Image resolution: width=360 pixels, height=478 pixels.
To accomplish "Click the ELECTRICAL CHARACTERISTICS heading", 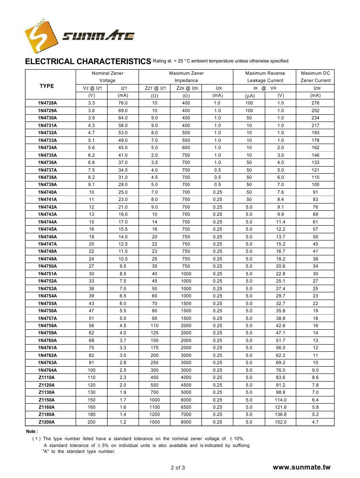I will tap(88, 61).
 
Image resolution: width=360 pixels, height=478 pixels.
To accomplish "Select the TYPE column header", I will tap(47, 86).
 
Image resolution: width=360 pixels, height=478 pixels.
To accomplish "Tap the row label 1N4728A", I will tap(47, 103).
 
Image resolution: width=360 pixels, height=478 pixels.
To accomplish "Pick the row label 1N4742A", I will tap(47, 207).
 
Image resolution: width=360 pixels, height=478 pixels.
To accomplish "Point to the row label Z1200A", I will tap(46, 422).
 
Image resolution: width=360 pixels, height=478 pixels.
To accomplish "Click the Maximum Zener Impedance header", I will tap(186, 76).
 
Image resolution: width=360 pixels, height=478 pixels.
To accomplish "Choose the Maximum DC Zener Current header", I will tap(315, 76).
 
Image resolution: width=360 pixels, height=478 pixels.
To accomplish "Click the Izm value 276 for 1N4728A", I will tap(315, 103).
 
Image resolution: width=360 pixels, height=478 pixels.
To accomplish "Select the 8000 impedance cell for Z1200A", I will tap(186, 422).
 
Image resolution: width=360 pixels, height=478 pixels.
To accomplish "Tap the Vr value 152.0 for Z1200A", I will tap(281, 422).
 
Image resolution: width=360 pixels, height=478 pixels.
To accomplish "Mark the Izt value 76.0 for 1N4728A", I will tap(123, 103).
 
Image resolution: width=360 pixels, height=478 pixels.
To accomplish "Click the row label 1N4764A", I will tap(47, 370).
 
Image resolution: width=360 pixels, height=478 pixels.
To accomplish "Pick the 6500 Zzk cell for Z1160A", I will tap(186, 407).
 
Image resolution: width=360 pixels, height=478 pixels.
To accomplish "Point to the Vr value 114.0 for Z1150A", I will tap(281, 400).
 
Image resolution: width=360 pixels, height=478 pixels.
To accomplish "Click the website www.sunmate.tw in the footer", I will tap(301, 467).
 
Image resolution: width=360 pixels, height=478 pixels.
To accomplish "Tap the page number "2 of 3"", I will tap(178, 468).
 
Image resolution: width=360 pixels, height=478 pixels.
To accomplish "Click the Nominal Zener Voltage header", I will tap(107, 76).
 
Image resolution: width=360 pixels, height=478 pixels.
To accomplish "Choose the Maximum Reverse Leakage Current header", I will tap(265, 76).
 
